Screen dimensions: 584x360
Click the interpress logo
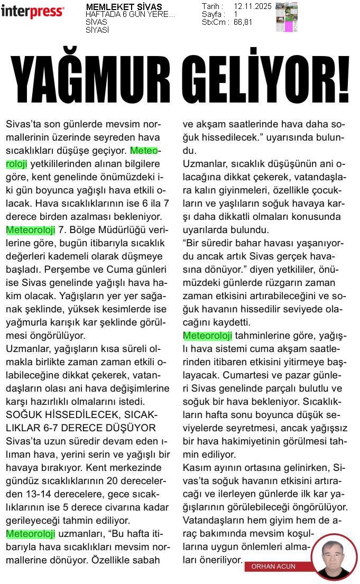tap(32, 11)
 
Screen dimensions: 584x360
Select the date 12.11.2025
tap(252, 6)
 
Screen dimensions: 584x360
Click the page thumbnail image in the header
tap(287, 17)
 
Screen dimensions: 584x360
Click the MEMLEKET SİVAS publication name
tap(124, 7)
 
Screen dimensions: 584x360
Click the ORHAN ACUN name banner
tap(273, 566)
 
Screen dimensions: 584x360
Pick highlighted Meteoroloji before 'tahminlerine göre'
tap(207, 336)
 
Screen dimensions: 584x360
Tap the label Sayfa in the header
tap(213, 14)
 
